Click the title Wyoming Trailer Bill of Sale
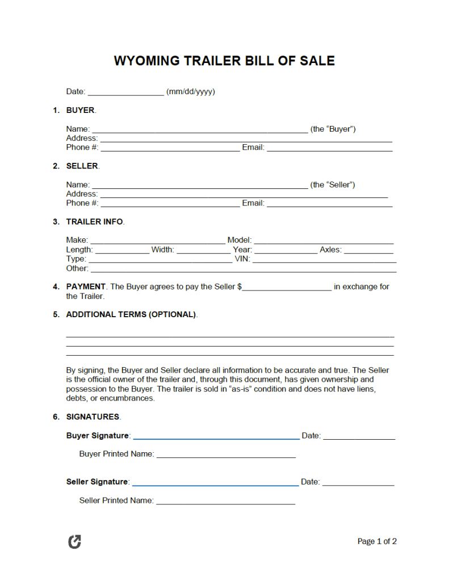(x=224, y=61)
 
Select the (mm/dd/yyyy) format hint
(x=190, y=91)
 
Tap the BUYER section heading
(x=80, y=110)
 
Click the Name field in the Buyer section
(x=199, y=130)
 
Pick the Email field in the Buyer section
(x=329, y=148)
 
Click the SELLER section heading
(x=82, y=166)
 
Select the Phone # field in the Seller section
(x=170, y=204)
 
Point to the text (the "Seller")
(x=333, y=184)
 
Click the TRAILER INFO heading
(x=94, y=221)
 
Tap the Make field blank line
(x=157, y=241)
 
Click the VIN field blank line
(x=324, y=260)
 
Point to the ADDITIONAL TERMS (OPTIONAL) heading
(x=131, y=314)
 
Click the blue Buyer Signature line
(x=216, y=437)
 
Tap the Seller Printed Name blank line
(x=225, y=502)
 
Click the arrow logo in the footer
(x=74, y=542)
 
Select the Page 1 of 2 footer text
(x=377, y=541)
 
